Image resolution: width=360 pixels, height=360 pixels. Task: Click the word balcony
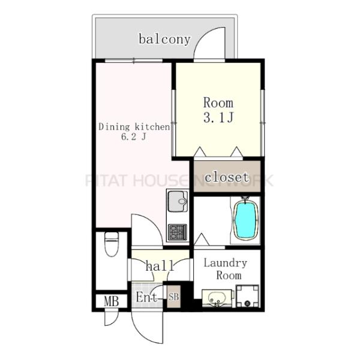(x=165, y=40)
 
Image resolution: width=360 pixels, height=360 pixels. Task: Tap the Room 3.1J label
(x=218, y=110)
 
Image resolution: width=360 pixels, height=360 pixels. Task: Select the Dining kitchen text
(x=134, y=127)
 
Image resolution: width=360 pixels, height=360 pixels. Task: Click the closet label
(x=227, y=177)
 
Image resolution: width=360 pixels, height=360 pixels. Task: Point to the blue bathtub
(x=245, y=219)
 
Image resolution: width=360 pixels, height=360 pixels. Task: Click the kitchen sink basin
(x=178, y=202)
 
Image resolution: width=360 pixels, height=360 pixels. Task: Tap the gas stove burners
(x=177, y=232)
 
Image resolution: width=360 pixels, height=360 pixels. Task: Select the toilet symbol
(x=112, y=244)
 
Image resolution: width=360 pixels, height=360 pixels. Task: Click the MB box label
(x=112, y=301)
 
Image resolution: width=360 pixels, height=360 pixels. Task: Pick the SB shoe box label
(x=173, y=297)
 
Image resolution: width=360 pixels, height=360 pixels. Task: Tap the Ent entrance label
(x=147, y=297)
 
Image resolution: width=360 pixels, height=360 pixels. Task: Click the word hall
(x=160, y=266)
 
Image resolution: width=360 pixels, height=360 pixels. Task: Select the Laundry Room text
(x=226, y=269)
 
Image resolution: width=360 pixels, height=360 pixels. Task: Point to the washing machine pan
(x=247, y=296)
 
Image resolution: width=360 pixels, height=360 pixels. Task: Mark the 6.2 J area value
(x=134, y=137)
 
